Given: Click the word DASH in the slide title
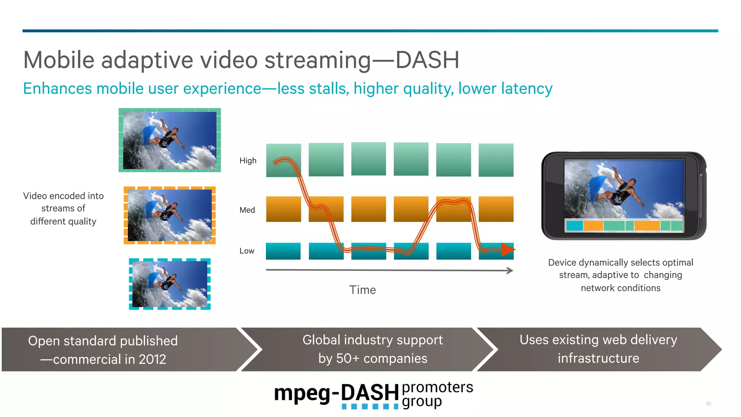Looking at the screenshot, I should pyautogui.click(x=427, y=60).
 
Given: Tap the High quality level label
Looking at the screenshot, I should pyautogui.click(x=248, y=161).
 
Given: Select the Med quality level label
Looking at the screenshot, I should pyautogui.click(x=247, y=210).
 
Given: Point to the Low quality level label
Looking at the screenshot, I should pyautogui.click(x=247, y=251).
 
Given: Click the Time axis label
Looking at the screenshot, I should pyautogui.click(x=362, y=290).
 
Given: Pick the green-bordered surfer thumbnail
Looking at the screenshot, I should pyautogui.click(x=170, y=140).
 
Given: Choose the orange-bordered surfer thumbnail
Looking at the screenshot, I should pyautogui.click(x=170, y=215).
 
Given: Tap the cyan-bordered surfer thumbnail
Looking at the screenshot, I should pyautogui.click(x=170, y=284).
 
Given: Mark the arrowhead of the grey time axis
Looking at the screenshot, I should pyautogui.click(x=510, y=271).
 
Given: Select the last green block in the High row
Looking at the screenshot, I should pyautogui.click(x=496, y=160).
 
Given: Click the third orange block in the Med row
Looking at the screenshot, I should pyautogui.click(x=368, y=209).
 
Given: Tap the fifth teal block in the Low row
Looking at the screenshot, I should pyautogui.click(x=453, y=251).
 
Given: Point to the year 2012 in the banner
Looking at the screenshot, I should pyautogui.click(x=152, y=359).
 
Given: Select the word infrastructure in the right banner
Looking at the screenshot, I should pyautogui.click(x=598, y=358).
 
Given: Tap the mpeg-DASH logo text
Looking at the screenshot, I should pyautogui.click(x=336, y=393).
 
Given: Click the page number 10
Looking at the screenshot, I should pyautogui.click(x=708, y=404).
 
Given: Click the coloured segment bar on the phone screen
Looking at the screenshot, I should pyautogui.click(x=624, y=226).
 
